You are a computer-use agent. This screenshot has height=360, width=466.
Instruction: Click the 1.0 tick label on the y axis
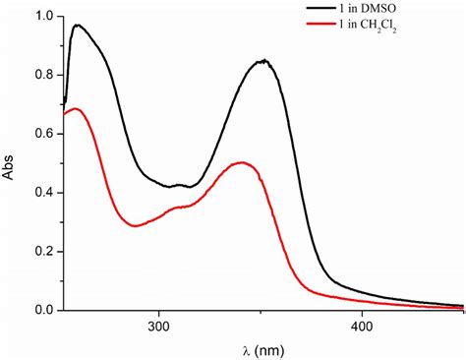point(42,17)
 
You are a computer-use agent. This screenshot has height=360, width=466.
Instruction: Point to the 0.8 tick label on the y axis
point(42,76)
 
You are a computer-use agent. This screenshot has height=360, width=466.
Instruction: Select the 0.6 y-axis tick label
point(42,134)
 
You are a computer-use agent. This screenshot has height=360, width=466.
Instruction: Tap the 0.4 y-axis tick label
point(42,193)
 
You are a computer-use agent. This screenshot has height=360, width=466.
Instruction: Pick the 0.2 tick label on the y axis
point(42,251)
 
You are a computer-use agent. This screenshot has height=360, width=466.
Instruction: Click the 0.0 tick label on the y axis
point(42,310)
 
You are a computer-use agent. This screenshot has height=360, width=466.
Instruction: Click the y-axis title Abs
point(11,163)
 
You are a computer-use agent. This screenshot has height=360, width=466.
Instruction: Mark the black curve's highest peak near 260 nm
point(77,26)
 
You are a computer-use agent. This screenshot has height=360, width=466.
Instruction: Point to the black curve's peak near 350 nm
point(262,61)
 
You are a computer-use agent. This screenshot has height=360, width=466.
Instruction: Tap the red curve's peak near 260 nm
point(75,108)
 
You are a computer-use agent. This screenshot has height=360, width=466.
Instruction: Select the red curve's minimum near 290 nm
point(136,226)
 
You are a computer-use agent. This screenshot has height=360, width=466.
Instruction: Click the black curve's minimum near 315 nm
point(189,186)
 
